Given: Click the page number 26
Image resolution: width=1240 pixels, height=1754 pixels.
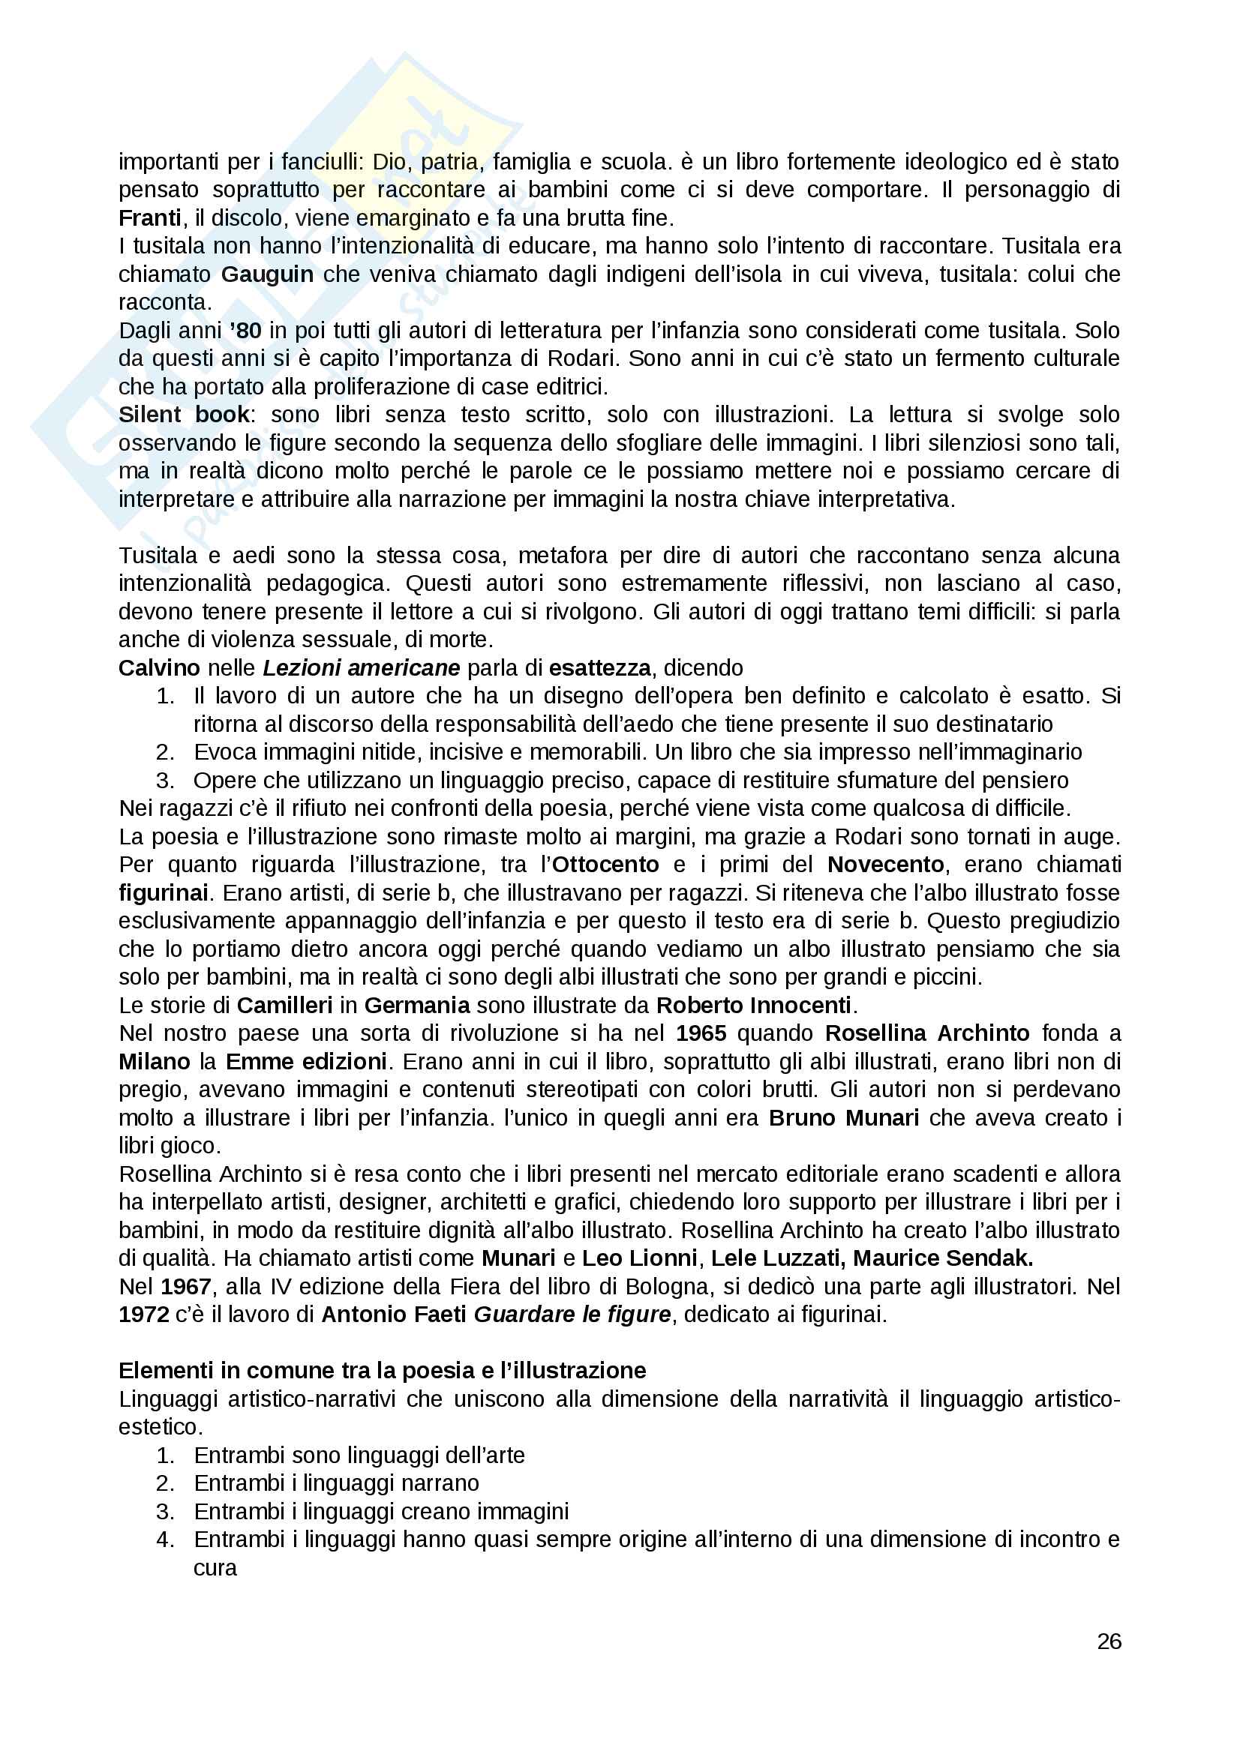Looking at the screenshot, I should (1109, 1641).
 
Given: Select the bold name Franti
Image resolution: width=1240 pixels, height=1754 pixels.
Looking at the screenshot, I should (150, 218).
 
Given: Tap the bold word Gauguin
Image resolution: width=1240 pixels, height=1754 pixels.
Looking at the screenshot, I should (266, 274).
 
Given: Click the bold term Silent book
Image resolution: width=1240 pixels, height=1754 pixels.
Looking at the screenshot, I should (183, 415).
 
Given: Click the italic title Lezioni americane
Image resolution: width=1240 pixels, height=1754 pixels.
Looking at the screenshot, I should (361, 667).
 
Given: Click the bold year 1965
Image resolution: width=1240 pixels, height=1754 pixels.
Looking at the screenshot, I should (701, 1033).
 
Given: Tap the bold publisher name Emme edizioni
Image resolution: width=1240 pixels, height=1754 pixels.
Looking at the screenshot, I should (305, 1061).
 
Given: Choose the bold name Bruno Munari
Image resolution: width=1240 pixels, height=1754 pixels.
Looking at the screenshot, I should (843, 1117).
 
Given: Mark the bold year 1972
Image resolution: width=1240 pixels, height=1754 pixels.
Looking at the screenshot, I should (143, 1315).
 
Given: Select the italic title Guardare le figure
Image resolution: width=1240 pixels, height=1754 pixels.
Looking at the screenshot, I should (572, 1315).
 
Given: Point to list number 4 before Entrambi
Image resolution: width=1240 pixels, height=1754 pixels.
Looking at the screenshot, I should (165, 1540).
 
